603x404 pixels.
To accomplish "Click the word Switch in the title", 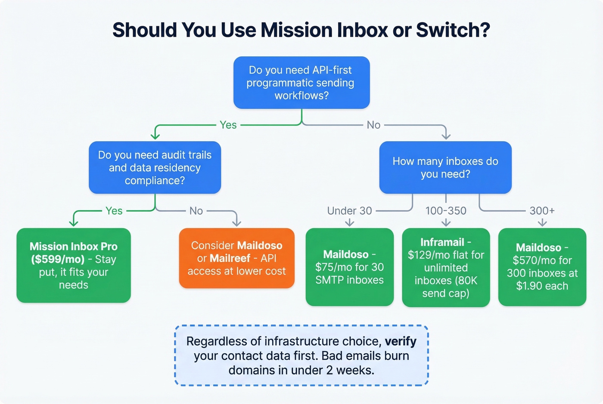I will (x=452, y=30).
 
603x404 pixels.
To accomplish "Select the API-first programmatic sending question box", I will (x=301, y=83).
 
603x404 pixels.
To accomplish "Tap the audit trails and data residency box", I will (x=155, y=167).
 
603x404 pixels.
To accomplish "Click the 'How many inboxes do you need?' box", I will (x=445, y=167).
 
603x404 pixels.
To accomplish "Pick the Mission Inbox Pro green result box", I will (x=74, y=265).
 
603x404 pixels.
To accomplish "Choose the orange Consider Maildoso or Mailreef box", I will (x=236, y=258).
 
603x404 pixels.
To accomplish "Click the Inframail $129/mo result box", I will (x=446, y=268).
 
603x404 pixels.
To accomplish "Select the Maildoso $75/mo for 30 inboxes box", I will (x=349, y=267).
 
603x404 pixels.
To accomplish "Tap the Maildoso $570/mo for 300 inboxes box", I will (x=542, y=267).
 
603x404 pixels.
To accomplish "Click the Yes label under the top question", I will (x=228, y=125).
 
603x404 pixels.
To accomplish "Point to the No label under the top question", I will (x=373, y=125).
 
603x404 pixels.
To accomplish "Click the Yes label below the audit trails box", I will (x=114, y=211).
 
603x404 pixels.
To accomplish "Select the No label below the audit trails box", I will (x=196, y=211).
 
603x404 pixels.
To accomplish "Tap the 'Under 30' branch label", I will (x=349, y=211).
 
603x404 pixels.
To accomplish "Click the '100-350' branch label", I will (x=446, y=211).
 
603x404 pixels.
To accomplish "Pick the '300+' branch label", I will (x=542, y=211).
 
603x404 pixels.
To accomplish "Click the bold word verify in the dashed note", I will (x=401, y=341).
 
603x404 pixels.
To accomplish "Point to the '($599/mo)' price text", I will (x=58, y=259).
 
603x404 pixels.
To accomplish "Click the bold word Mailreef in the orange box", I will (x=230, y=258).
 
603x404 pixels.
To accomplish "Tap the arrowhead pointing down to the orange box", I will (x=236, y=222).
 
